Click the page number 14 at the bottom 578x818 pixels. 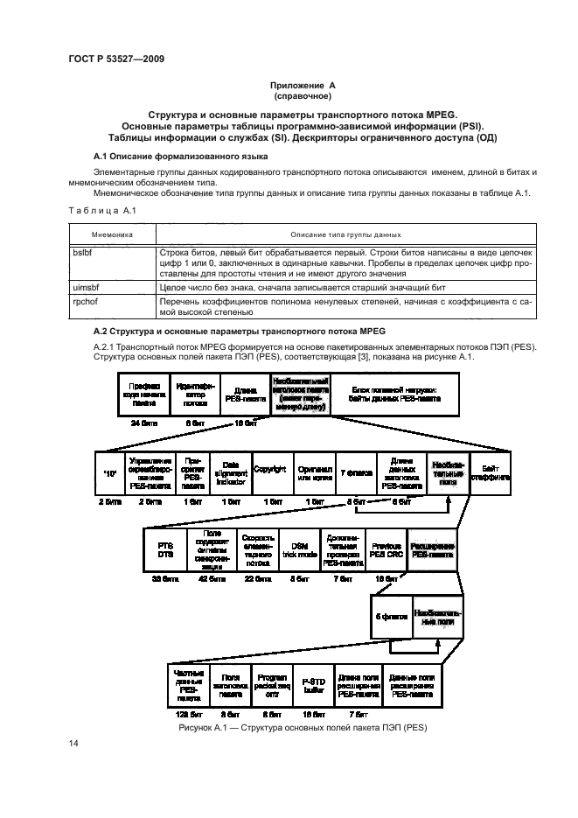click(73, 744)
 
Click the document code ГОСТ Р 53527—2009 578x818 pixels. click(116, 59)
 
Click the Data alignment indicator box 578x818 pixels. click(231, 473)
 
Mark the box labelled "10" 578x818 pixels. click(109, 473)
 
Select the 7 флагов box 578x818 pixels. click(354, 473)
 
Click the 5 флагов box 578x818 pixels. click(391, 616)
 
